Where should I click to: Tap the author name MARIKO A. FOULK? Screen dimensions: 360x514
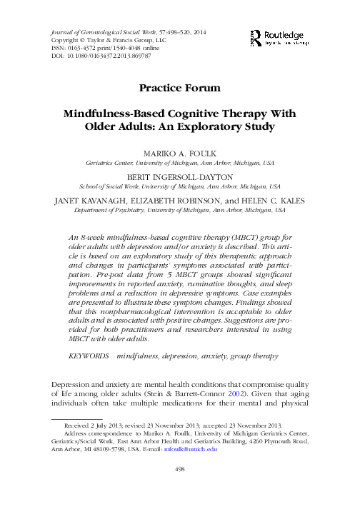180,153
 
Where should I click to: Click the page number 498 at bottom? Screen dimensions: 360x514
180,489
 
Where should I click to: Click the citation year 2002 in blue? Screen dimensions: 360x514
225,393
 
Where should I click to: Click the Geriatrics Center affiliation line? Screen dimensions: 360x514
180,163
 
